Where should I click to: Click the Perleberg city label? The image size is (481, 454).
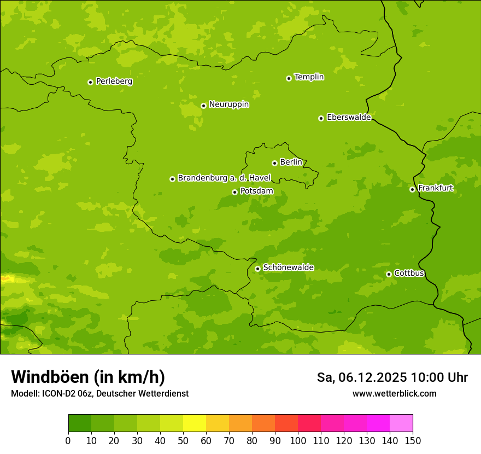[114, 82]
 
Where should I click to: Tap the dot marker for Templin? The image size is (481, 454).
[289, 78]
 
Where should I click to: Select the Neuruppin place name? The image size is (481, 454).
[228, 104]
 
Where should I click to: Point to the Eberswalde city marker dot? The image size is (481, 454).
[321, 118]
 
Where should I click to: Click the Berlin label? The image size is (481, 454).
[291, 162]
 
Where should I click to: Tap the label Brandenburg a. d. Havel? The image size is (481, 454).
[224, 178]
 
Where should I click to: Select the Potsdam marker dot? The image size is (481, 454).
[234, 192]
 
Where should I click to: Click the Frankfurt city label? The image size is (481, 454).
[435, 188]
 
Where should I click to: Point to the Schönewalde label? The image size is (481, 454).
[288, 267]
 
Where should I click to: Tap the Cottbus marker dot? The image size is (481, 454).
[389, 274]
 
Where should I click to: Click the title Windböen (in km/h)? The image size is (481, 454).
[88, 377]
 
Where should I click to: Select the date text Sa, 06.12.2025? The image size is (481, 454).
[362, 377]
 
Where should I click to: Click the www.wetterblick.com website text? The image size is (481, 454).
[394, 393]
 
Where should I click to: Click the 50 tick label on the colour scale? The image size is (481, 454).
[183, 440]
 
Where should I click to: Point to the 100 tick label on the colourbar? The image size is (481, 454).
[298, 440]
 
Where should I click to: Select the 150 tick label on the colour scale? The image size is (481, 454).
[413, 440]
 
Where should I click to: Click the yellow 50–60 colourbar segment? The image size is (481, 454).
[195, 423]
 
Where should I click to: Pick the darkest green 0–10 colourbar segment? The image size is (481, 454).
[80, 423]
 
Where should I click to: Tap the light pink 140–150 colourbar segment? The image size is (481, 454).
[401, 423]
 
